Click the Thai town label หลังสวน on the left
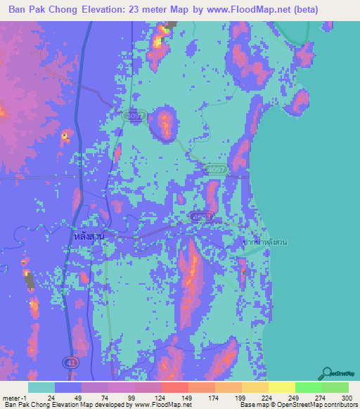point(88,237)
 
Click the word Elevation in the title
point(106,10)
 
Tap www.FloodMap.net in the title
point(225,10)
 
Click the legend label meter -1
point(15,397)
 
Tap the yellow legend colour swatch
point(282,387)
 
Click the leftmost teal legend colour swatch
point(41,387)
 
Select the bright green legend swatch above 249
point(309,387)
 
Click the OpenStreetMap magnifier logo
point(328,372)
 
